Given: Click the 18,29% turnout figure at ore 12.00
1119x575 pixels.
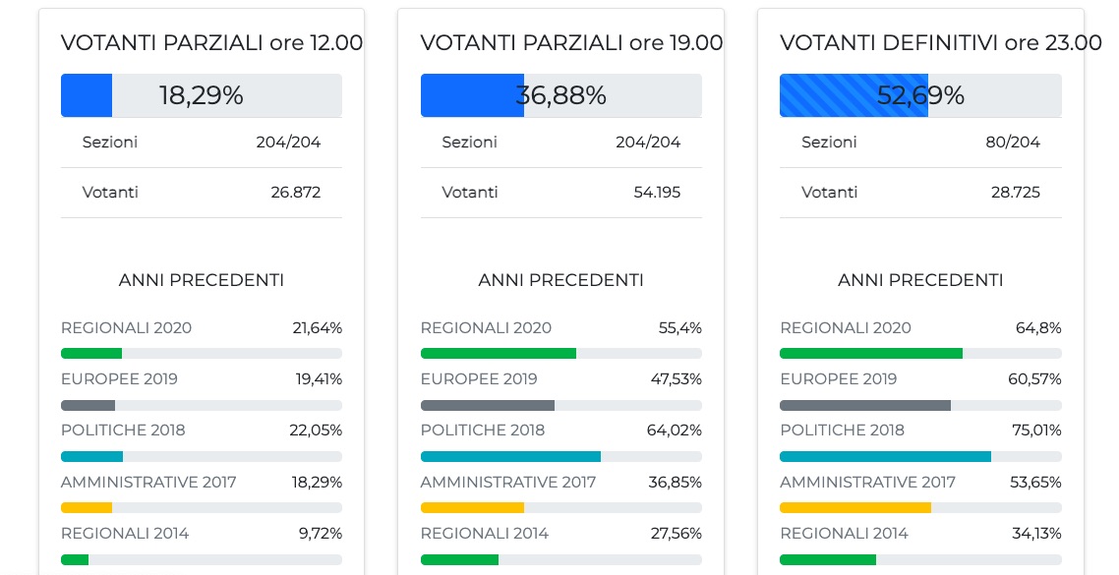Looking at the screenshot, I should point(201,95).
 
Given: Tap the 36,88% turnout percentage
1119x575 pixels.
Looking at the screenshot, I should point(560,95).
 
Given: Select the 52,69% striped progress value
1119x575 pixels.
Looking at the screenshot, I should point(920,95).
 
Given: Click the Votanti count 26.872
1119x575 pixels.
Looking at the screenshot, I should point(296,192).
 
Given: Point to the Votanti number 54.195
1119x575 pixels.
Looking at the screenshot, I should point(656,192).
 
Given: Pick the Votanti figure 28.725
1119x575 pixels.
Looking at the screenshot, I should point(1016,192).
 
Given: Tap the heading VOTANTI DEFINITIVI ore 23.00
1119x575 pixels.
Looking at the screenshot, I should point(940,43).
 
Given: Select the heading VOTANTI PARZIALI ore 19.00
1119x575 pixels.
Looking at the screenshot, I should point(571,43).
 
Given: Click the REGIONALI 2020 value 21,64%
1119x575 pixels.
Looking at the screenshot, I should point(317,328).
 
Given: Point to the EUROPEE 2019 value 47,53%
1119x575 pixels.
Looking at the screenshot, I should point(677,379).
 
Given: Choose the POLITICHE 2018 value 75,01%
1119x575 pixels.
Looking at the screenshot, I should point(1036,431).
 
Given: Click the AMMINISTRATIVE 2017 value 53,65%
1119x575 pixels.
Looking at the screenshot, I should point(1036,482).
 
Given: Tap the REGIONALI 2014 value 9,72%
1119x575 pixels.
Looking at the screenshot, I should point(322,534).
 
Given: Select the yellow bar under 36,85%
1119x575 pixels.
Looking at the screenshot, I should point(472,507).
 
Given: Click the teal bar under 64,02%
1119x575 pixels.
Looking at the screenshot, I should point(510,456).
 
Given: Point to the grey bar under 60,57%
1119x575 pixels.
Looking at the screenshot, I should point(865,405).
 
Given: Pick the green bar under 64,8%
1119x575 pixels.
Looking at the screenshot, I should point(871,353).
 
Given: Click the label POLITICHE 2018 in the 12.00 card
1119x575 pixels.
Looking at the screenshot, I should point(123,431).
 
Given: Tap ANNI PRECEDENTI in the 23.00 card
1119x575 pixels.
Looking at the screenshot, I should point(920,280).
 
